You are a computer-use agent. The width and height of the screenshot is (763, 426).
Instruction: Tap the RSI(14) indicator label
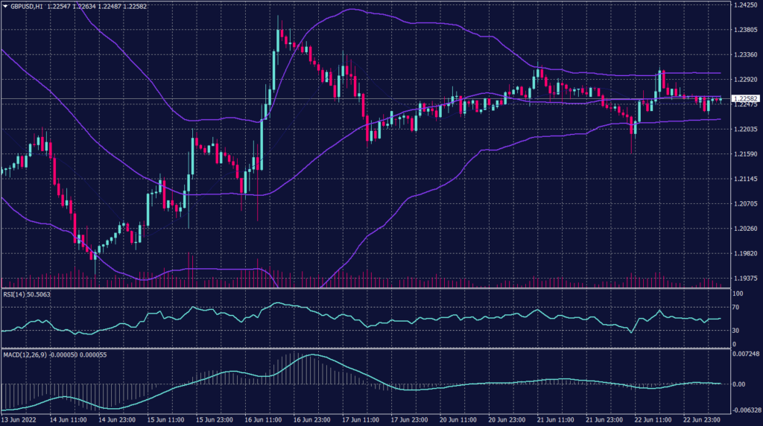tap(17, 294)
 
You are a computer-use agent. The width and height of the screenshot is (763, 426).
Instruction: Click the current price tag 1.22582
tap(745, 99)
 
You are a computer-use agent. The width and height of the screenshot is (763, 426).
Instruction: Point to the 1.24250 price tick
tap(744, 5)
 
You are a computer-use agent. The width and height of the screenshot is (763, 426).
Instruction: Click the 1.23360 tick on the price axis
tap(744, 54)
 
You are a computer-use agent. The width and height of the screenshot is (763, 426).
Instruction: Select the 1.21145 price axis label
tap(744, 179)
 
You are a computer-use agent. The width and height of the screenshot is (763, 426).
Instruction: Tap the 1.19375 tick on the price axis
tap(744, 278)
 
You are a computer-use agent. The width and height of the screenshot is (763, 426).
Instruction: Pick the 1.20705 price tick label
tap(744, 203)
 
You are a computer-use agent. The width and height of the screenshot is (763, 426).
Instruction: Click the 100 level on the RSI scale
tap(737, 294)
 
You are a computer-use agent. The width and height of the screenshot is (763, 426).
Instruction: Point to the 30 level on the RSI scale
tap(735, 330)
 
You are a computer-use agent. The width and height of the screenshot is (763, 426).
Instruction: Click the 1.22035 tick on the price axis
tap(744, 129)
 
